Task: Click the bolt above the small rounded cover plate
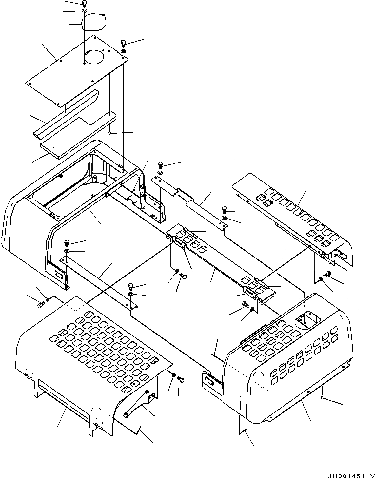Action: pyautogui.click(x=84, y=4)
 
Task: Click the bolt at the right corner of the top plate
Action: pyautogui.click(x=124, y=43)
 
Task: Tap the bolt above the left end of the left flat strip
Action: pyautogui.click(x=67, y=243)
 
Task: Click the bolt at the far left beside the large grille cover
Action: pyautogui.click(x=40, y=305)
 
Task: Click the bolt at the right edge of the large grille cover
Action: pyautogui.click(x=180, y=379)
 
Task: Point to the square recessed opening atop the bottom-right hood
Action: pyautogui.click(x=305, y=319)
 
